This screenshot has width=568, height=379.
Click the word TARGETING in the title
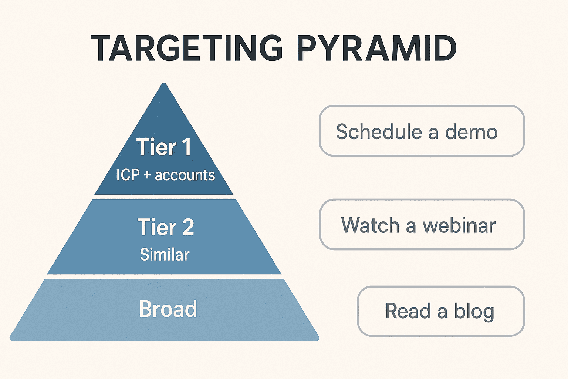click(187, 48)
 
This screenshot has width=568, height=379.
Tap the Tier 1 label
click(164, 147)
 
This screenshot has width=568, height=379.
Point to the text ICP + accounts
click(165, 175)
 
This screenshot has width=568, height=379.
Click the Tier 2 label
click(165, 227)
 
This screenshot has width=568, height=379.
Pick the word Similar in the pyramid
click(165, 255)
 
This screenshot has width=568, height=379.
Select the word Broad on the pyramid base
click(168, 309)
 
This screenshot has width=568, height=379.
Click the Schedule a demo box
click(422, 131)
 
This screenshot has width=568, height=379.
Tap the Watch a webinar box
click(422, 225)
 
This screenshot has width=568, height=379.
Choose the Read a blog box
click(441, 311)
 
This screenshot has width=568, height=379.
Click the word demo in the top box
click(471, 132)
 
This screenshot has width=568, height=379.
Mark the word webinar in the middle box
click(459, 225)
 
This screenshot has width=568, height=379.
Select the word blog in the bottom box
click(474, 311)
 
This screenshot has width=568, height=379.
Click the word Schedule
click(379, 132)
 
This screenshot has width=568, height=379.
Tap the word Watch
click(370, 225)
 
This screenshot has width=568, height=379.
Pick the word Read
click(408, 311)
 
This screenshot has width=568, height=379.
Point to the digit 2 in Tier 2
click(187, 227)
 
